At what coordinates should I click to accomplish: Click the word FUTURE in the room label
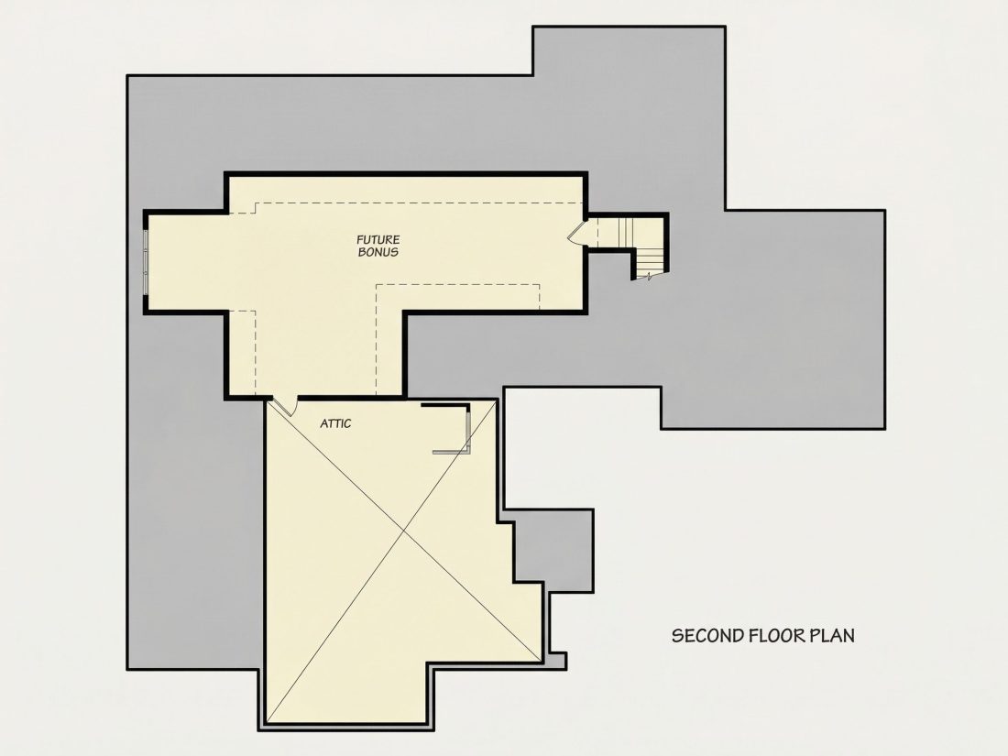tap(378, 240)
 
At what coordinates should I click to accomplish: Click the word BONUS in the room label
tap(378, 252)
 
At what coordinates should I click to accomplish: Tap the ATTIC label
tap(335, 423)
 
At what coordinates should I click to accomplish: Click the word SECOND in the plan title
tap(707, 636)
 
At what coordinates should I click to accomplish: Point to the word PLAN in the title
tap(832, 636)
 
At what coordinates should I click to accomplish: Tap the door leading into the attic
tap(283, 406)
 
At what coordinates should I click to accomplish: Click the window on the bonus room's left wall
tap(146, 262)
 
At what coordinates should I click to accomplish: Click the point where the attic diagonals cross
tap(404, 531)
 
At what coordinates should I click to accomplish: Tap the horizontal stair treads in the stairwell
tap(650, 261)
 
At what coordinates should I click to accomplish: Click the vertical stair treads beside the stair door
tap(617, 232)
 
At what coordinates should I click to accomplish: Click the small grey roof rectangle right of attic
tap(553, 551)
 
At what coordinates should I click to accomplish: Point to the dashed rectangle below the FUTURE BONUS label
tap(457, 297)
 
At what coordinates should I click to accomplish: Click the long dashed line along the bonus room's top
tap(419, 203)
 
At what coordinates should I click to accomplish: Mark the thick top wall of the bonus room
tap(406, 173)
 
